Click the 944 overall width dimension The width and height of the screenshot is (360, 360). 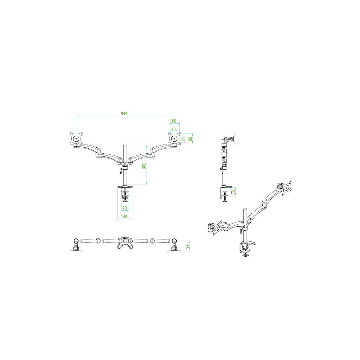124,114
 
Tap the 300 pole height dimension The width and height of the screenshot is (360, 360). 144,166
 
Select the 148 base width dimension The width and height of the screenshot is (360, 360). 124,217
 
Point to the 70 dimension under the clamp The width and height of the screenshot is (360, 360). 124,208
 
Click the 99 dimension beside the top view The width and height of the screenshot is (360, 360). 188,246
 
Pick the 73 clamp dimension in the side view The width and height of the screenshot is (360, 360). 233,192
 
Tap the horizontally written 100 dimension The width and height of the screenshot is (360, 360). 173,121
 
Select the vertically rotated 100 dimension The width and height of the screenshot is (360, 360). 190,140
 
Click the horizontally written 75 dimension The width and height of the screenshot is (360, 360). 174,129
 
